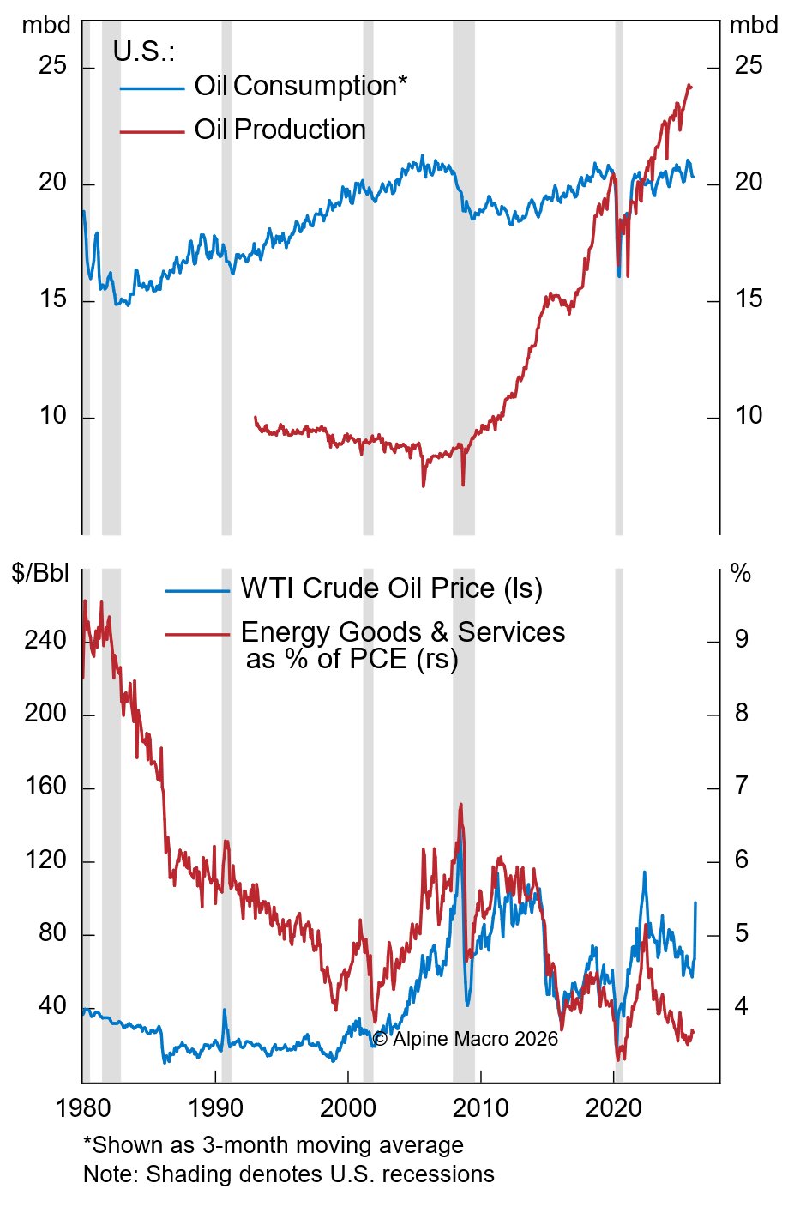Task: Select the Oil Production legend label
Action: click(280, 130)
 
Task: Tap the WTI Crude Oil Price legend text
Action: click(391, 588)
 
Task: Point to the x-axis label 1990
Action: click(215, 1107)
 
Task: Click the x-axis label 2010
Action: click(481, 1107)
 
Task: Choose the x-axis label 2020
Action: click(614, 1107)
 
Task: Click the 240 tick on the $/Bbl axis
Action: click(45, 640)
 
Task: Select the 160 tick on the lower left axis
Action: click(45, 787)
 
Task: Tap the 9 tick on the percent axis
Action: click(742, 639)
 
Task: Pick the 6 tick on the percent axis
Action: click(742, 860)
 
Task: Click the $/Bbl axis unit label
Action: click(40, 573)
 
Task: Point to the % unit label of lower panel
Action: click(740, 573)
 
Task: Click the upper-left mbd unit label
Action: click(46, 26)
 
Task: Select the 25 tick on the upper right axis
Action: click(749, 65)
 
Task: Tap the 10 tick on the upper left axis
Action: click(52, 416)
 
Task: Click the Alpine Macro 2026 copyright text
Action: click(465, 1039)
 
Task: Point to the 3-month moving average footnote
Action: click(273, 1145)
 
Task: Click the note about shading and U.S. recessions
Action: click(288, 1174)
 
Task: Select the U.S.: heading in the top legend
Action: click(144, 51)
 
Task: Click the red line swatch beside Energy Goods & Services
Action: click(197, 634)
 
